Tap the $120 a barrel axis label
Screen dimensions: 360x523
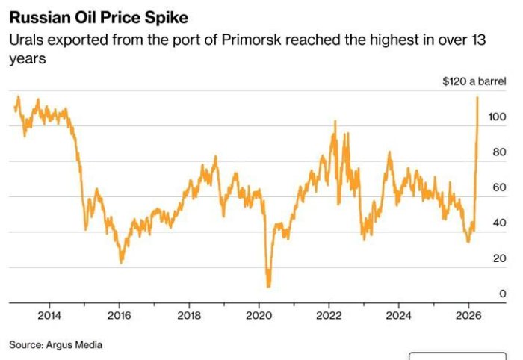pos(468,81)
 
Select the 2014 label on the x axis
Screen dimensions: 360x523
pos(49,315)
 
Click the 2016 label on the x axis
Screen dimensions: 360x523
pos(119,315)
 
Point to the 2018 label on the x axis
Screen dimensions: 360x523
pos(189,315)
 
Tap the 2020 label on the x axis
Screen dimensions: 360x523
pos(259,315)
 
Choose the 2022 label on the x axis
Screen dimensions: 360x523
pos(329,315)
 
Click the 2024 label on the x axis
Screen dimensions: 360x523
pos(398,315)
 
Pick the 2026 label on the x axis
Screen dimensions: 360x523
pos(468,315)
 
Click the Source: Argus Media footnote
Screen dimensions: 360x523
pos(56,344)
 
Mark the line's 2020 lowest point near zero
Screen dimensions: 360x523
pos(268,286)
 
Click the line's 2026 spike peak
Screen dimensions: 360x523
pos(477,97)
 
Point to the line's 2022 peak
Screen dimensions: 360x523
pos(335,122)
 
